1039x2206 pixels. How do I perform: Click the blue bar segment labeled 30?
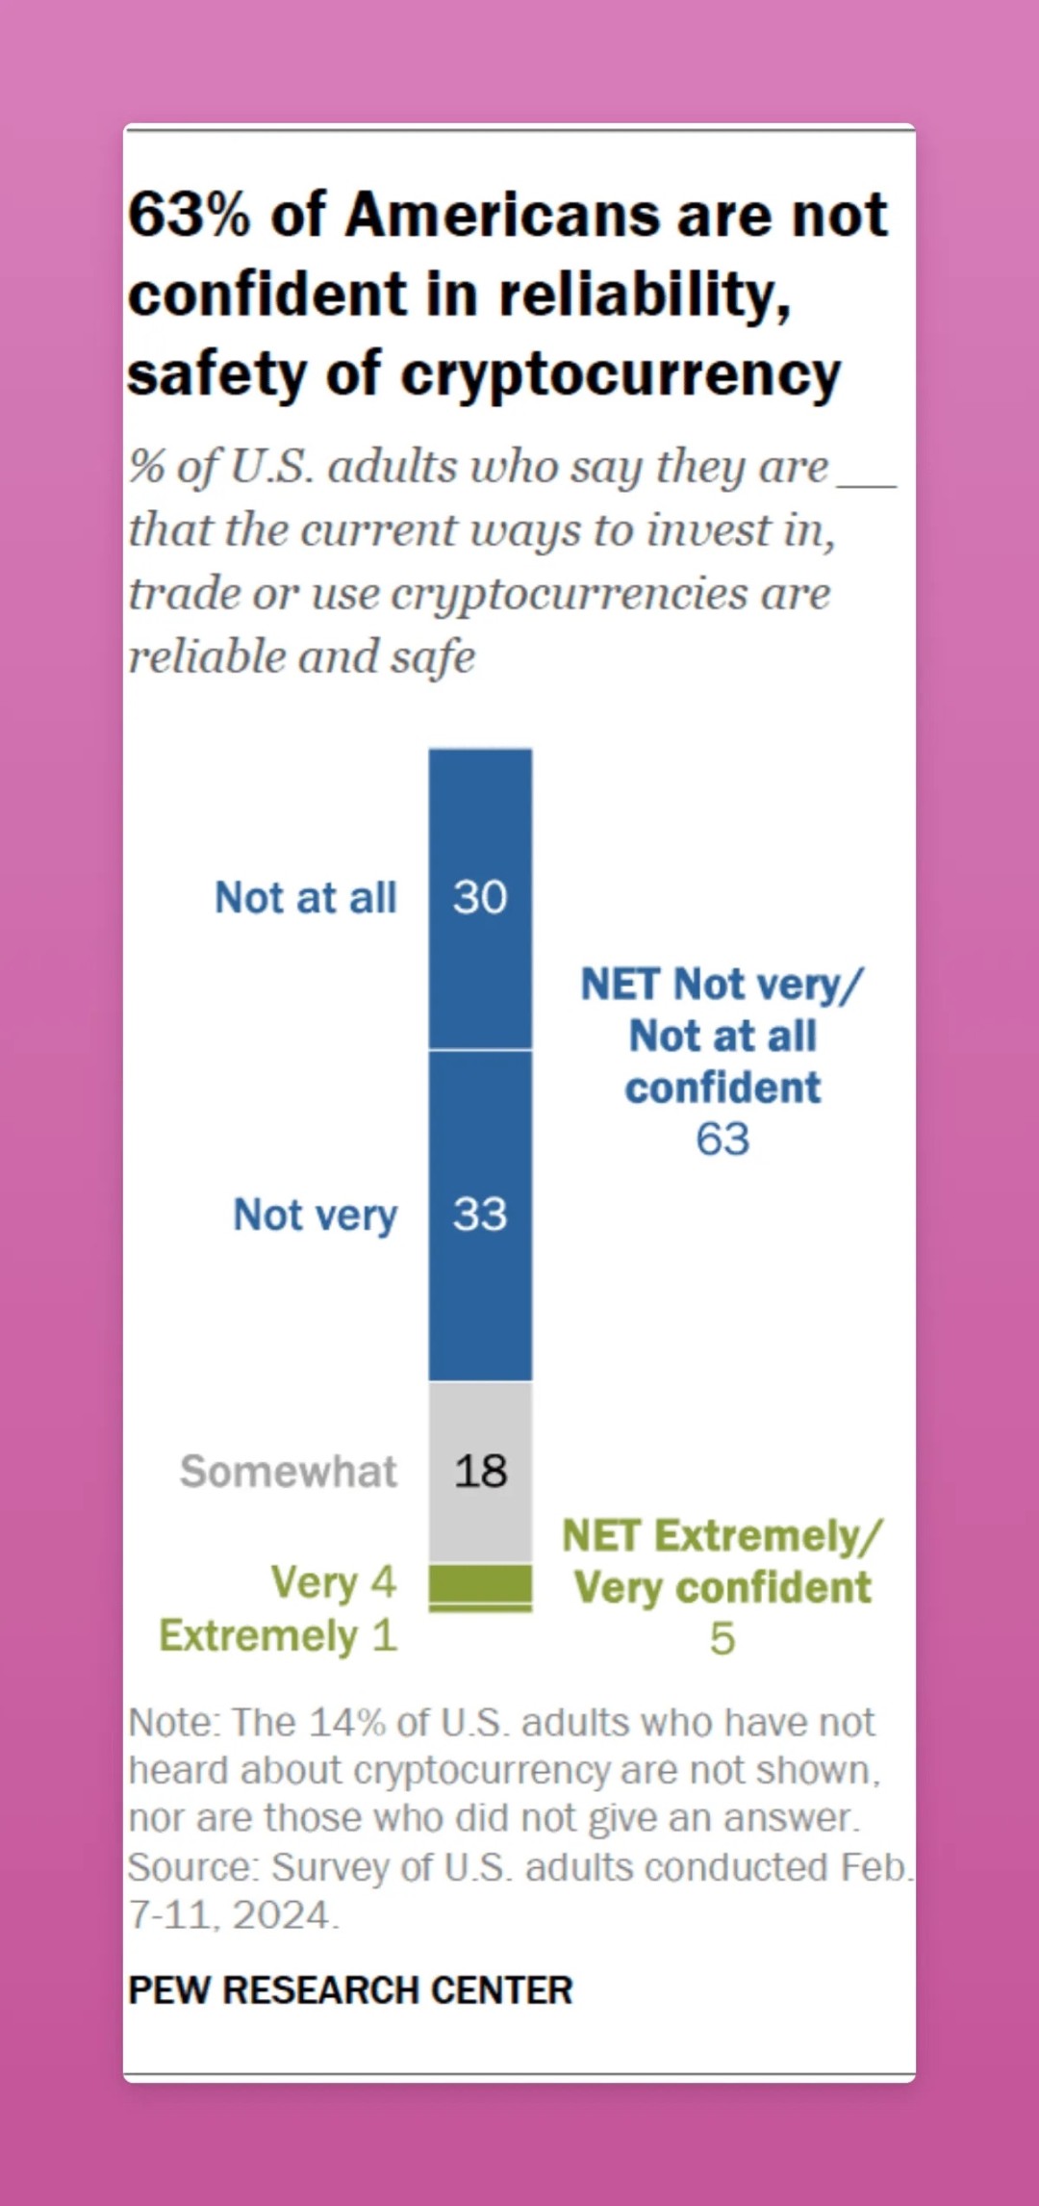point(480,897)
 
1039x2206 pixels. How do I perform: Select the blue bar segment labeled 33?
point(480,1215)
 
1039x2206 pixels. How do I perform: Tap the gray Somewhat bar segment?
point(480,1471)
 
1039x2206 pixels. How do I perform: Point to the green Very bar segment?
point(480,1582)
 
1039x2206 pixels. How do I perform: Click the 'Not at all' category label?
point(305,898)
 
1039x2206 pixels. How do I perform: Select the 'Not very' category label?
point(315,1216)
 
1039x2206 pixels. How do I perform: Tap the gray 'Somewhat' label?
point(288,1472)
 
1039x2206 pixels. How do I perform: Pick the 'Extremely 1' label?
point(278,1636)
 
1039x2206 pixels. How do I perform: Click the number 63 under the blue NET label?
point(722,1140)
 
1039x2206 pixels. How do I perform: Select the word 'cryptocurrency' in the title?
point(621,375)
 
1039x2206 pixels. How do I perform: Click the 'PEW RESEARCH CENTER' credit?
point(350,1990)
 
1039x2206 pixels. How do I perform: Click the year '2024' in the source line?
point(281,1915)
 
